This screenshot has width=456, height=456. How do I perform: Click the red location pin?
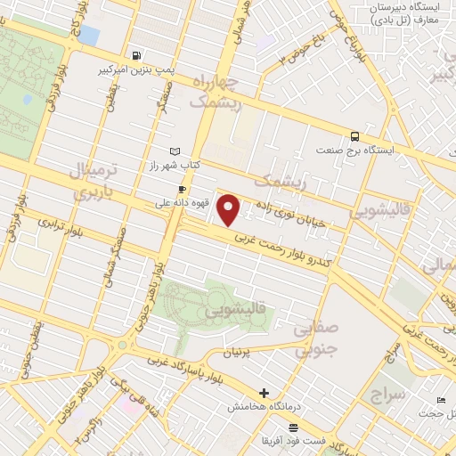click(x=229, y=210)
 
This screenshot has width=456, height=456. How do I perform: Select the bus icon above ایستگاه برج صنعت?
click(x=355, y=136)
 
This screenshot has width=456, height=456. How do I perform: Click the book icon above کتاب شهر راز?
click(x=175, y=151)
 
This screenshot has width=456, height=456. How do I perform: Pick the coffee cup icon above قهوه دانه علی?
click(x=182, y=189)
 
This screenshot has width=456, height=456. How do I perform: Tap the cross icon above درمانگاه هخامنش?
click(x=264, y=393)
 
